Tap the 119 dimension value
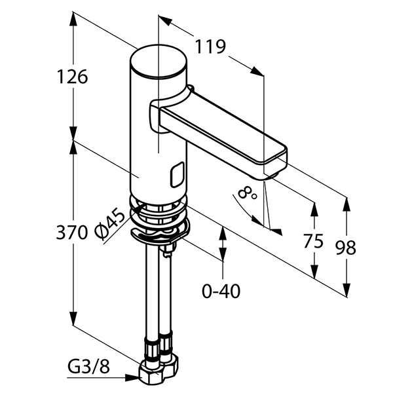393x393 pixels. coord(210,47)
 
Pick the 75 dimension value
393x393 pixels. coord(314,241)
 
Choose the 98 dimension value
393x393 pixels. coord(345,248)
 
